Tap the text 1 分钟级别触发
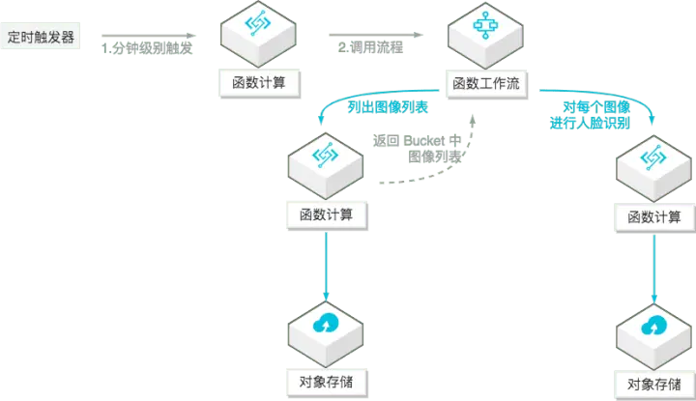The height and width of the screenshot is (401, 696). [x=147, y=48]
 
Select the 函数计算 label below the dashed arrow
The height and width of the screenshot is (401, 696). [x=326, y=214]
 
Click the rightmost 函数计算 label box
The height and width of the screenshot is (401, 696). [x=654, y=216]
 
